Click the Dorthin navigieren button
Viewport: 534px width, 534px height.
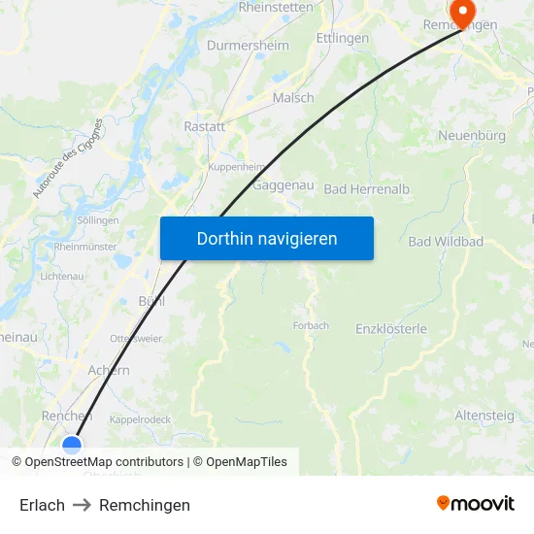(267, 238)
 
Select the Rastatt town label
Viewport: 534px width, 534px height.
(205, 126)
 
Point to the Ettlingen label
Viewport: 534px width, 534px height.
(343, 38)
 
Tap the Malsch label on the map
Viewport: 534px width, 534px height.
(293, 98)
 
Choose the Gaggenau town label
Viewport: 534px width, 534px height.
(281, 185)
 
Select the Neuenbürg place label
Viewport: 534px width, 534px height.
(472, 136)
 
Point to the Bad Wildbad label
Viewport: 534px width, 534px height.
(446, 241)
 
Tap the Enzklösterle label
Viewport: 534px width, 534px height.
(391, 329)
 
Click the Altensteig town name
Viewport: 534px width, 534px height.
(485, 415)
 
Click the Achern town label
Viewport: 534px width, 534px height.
(109, 370)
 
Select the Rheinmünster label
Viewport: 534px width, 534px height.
(85, 248)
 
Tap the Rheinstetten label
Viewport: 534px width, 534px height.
(276, 7)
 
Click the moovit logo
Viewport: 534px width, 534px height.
(475, 504)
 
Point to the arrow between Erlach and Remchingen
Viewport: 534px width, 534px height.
(82, 505)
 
